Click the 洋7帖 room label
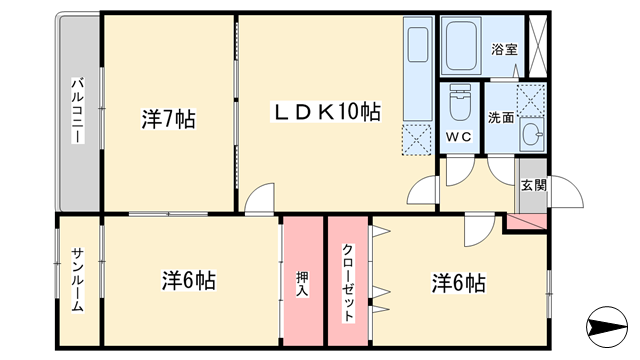pyautogui.click(x=169, y=119)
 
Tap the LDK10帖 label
pyautogui.click(x=326, y=112)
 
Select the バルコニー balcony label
pyautogui.click(x=78, y=110)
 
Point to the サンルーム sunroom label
pyautogui.click(x=78, y=280)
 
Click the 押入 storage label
pyautogui.click(x=302, y=284)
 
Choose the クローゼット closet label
pyautogui.click(x=348, y=282)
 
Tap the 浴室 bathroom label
pyautogui.click(x=504, y=50)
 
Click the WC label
pyautogui.click(x=459, y=137)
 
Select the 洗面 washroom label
pyautogui.click(x=501, y=118)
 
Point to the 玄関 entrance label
pyautogui.click(x=533, y=186)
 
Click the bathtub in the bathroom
pyautogui.click(x=461, y=46)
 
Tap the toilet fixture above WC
pyautogui.click(x=460, y=102)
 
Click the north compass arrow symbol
pyautogui.click(x=607, y=327)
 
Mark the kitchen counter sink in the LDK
pyautogui.click(x=418, y=44)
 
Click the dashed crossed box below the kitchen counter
pyautogui.click(x=417, y=140)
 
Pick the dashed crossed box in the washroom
pyautogui.click(x=531, y=100)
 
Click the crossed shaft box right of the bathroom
pyautogui.click(x=537, y=46)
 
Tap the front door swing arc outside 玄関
pyautogui.click(x=567, y=192)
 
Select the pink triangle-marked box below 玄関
pyautogui.click(x=527, y=222)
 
